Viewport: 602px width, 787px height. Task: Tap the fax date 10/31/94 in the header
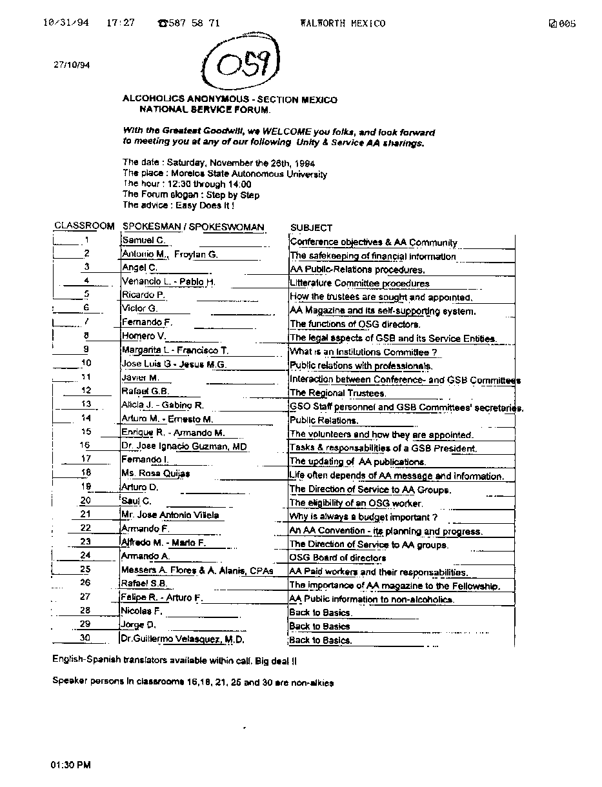[x=66, y=23]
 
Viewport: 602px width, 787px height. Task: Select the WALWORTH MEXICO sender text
[x=342, y=23]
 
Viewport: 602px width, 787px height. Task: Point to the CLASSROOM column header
[x=84, y=226]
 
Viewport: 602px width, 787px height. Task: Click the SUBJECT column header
[x=311, y=228]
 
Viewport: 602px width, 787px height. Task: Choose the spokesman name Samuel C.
[x=143, y=241]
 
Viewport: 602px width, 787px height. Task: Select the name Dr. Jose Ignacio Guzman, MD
[x=184, y=446]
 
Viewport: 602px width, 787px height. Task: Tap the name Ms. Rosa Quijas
[x=156, y=474]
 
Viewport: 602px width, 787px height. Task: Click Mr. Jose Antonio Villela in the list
[x=170, y=515]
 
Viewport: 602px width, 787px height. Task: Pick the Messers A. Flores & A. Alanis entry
[x=197, y=570]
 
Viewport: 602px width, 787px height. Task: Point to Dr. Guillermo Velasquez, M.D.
[x=183, y=639]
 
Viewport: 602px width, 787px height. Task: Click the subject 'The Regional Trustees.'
[x=337, y=393]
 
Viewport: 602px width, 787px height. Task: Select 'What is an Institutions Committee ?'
[x=363, y=352]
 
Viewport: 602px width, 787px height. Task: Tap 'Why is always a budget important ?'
[x=363, y=517]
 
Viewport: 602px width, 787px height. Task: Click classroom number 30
[x=85, y=638]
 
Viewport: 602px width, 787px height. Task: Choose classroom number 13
[x=86, y=404]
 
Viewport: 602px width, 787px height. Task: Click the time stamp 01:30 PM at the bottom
[x=71, y=765]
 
